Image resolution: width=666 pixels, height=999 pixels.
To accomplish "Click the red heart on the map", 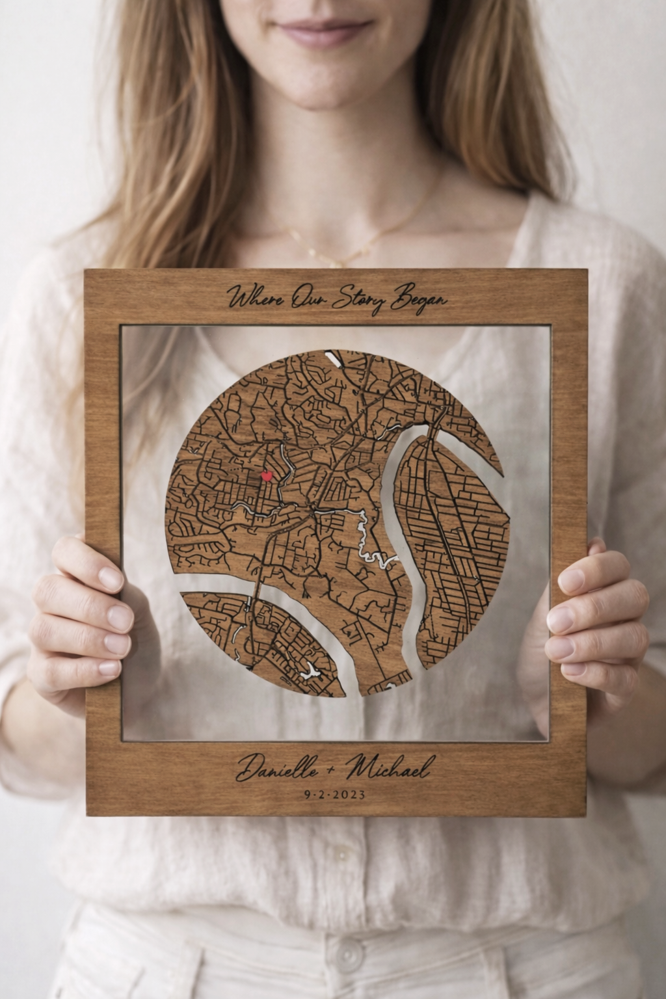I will pos(265,476).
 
